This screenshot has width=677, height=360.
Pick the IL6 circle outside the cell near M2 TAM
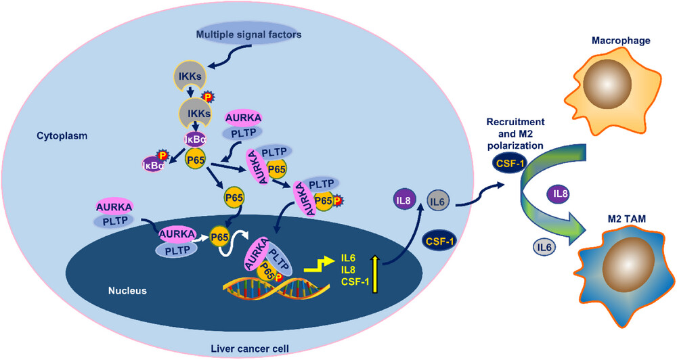point(545,247)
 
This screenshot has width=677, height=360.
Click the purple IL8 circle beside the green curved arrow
point(560,194)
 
